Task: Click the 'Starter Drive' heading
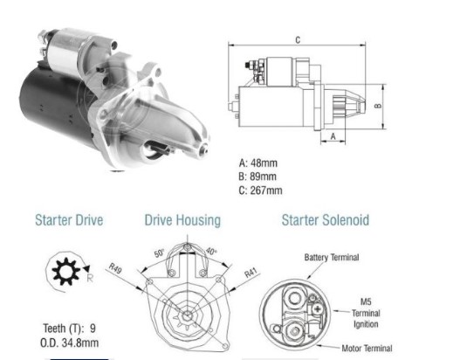coord(69,220)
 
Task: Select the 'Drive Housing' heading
coord(182,220)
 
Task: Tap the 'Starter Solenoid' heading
coord(326,220)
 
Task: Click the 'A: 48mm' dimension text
coord(257,163)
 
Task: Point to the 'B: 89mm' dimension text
coord(257,177)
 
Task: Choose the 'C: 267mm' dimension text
coord(260,190)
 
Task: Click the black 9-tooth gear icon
coord(65,272)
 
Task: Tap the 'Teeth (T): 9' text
coord(69,329)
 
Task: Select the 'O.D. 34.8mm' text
coord(69,343)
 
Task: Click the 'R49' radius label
coord(115,268)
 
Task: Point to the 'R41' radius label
coord(251,273)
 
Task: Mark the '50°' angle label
coord(160,253)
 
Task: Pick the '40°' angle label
coord(211,252)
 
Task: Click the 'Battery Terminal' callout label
coord(332,258)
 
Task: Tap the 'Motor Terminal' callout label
coord(367,349)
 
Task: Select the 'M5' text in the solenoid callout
coord(366,301)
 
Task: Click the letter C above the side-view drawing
coord(298,40)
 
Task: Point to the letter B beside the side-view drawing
coord(379,106)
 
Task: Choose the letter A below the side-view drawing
coord(333,136)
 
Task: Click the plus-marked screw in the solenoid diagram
coord(318,308)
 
